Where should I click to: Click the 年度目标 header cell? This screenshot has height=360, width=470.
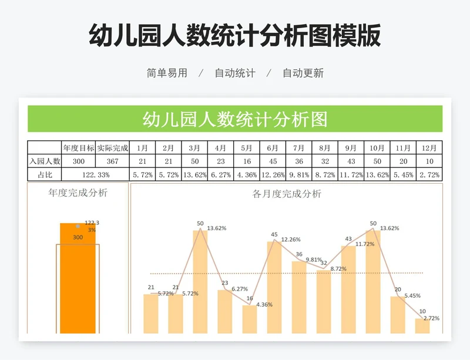(79, 148)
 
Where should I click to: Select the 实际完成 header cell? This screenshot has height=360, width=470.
(112, 148)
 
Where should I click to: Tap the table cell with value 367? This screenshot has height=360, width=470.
(112, 162)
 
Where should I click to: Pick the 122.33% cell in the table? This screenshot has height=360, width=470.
(95, 174)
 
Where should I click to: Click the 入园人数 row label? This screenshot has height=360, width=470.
(45, 162)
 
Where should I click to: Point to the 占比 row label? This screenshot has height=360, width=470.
(45, 174)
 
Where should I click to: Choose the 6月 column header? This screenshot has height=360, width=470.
(273, 148)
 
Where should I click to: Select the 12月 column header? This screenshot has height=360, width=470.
(429, 148)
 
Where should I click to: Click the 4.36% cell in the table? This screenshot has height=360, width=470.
(247, 174)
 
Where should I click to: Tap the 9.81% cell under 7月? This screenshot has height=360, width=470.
(298, 174)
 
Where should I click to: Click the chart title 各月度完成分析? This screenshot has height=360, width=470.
(287, 194)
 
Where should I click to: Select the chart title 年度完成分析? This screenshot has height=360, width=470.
(78, 192)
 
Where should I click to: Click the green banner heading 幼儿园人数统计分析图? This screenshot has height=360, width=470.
(235, 119)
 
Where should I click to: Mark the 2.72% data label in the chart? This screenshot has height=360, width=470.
(431, 318)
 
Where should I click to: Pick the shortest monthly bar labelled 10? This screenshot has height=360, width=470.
(422, 326)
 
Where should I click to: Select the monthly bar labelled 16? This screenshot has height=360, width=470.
(250, 319)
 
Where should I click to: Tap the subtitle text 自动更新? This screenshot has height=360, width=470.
(303, 73)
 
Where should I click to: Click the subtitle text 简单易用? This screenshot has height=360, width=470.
(167, 73)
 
